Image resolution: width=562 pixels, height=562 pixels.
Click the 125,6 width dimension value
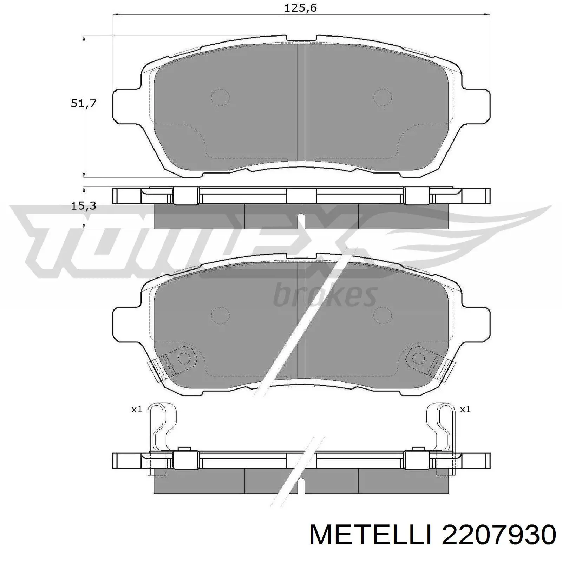tap(300, 8)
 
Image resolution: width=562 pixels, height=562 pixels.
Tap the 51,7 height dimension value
tap(83, 104)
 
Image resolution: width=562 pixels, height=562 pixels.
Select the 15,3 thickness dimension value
tap(83, 206)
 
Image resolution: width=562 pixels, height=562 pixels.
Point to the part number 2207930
tap(499, 537)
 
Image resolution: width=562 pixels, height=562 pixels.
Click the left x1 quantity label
tap(137, 409)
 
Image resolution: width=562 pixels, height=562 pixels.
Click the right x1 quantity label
tap(465, 409)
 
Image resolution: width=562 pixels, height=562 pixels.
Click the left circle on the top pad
tap(220, 97)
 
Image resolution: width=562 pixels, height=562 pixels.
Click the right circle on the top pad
tap(382, 97)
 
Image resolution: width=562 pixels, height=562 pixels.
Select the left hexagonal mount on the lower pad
tap(183, 358)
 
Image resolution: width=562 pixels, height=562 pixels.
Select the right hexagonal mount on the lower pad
tap(418, 358)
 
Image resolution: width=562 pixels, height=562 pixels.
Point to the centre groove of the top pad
tap(301, 105)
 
